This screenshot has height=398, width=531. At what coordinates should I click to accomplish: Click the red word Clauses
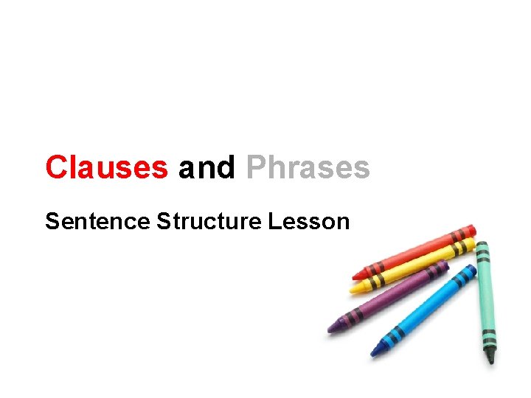[x=106, y=167]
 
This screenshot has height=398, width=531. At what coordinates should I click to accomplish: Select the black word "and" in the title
[x=206, y=167]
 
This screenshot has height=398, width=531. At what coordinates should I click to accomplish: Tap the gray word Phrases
[x=308, y=167]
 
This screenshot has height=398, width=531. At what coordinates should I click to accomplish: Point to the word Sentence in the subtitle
[x=97, y=220]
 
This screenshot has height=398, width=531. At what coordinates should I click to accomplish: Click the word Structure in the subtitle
[x=209, y=220]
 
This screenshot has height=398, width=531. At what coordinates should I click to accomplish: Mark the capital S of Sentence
[x=52, y=220]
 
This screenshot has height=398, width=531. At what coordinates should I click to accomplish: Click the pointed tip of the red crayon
[x=355, y=276]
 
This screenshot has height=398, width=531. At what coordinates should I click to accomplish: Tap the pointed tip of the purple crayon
[x=330, y=329]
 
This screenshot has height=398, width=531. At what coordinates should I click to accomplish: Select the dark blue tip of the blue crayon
[x=373, y=352]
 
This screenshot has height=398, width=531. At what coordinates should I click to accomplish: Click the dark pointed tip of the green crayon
[x=490, y=360]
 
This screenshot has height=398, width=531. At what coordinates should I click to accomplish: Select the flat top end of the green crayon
[x=482, y=243]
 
